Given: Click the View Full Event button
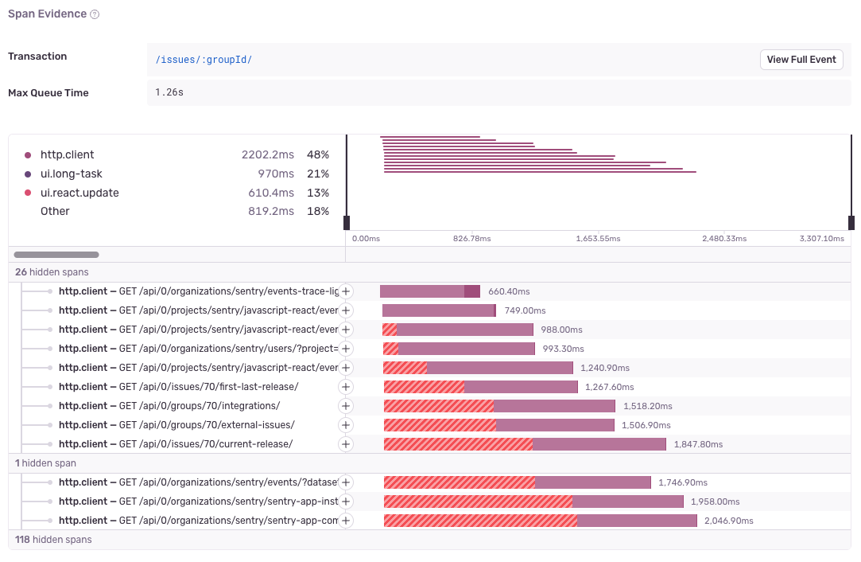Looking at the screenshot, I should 801,60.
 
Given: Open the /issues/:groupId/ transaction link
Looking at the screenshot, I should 204,60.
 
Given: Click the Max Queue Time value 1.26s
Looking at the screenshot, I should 169,93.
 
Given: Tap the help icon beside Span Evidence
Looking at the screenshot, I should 95,15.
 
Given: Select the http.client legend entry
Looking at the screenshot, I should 67,155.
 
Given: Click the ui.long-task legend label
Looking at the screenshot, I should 71,174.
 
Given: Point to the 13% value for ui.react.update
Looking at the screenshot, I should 318,193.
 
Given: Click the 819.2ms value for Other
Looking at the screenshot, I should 268,212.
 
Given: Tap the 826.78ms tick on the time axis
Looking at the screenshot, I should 471,239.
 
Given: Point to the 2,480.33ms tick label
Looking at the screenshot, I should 723,239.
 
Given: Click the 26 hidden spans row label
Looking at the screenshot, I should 52,272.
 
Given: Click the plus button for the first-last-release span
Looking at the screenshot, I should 346,387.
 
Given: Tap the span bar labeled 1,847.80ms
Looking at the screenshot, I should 525,444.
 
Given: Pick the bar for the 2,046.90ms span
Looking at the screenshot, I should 540,521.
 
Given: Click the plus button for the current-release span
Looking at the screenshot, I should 346,444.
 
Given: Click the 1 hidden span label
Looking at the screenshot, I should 45,463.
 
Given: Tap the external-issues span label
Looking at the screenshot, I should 176,425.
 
